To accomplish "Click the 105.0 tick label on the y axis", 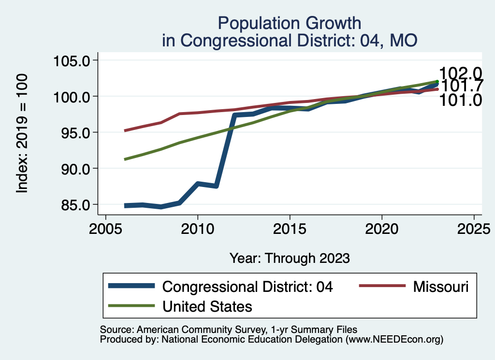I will [x=73, y=61].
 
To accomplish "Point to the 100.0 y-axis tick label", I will [x=73, y=97].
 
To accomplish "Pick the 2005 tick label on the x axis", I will [x=106, y=228].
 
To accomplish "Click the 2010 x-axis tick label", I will [x=198, y=228].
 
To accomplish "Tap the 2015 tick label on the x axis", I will [x=290, y=228].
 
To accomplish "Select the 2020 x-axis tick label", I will [x=382, y=228].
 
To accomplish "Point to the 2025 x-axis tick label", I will [x=474, y=228].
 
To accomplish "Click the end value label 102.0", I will [x=461, y=73].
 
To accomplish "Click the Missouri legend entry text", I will [x=441, y=287].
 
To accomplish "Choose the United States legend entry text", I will [x=207, y=306].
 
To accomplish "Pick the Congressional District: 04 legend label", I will [x=248, y=287].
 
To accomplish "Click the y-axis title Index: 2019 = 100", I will [x=22, y=133].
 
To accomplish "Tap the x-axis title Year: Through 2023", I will [x=289, y=258].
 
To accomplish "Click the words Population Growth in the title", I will [x=289, y=23].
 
